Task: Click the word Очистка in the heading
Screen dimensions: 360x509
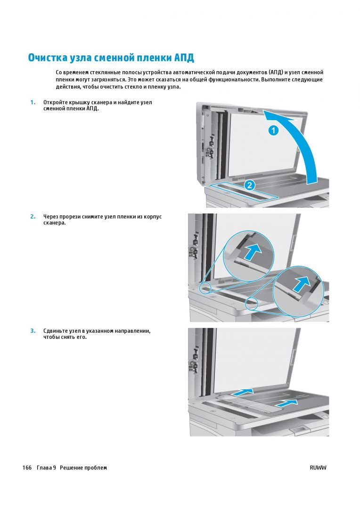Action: pyautogui.click(x=48, y=57)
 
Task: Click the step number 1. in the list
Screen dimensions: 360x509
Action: pyautogui.click(x=33, y=103)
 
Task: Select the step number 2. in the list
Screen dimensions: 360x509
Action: pyautogui.click(x=33, y=217)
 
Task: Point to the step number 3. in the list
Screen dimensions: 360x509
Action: pyautogui.click(x=33, y=331)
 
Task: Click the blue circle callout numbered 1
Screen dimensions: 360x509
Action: pyautogui.click(x=273, y=131)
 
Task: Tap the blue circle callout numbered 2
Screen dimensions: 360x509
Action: pyautogui.click(x=249, y=185)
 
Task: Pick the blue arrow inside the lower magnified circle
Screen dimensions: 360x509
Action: pyautogui.click(x=302, y=285)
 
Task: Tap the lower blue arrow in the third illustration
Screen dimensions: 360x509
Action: pyautogui.click(x=286, y=403)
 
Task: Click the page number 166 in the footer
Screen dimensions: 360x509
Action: pyautogui.click(x=27, y=468)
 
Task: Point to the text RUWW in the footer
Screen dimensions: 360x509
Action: pyautogui.click(x=318, y=468)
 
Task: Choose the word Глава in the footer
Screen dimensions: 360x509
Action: pyautogui.click(x=44, y=468)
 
